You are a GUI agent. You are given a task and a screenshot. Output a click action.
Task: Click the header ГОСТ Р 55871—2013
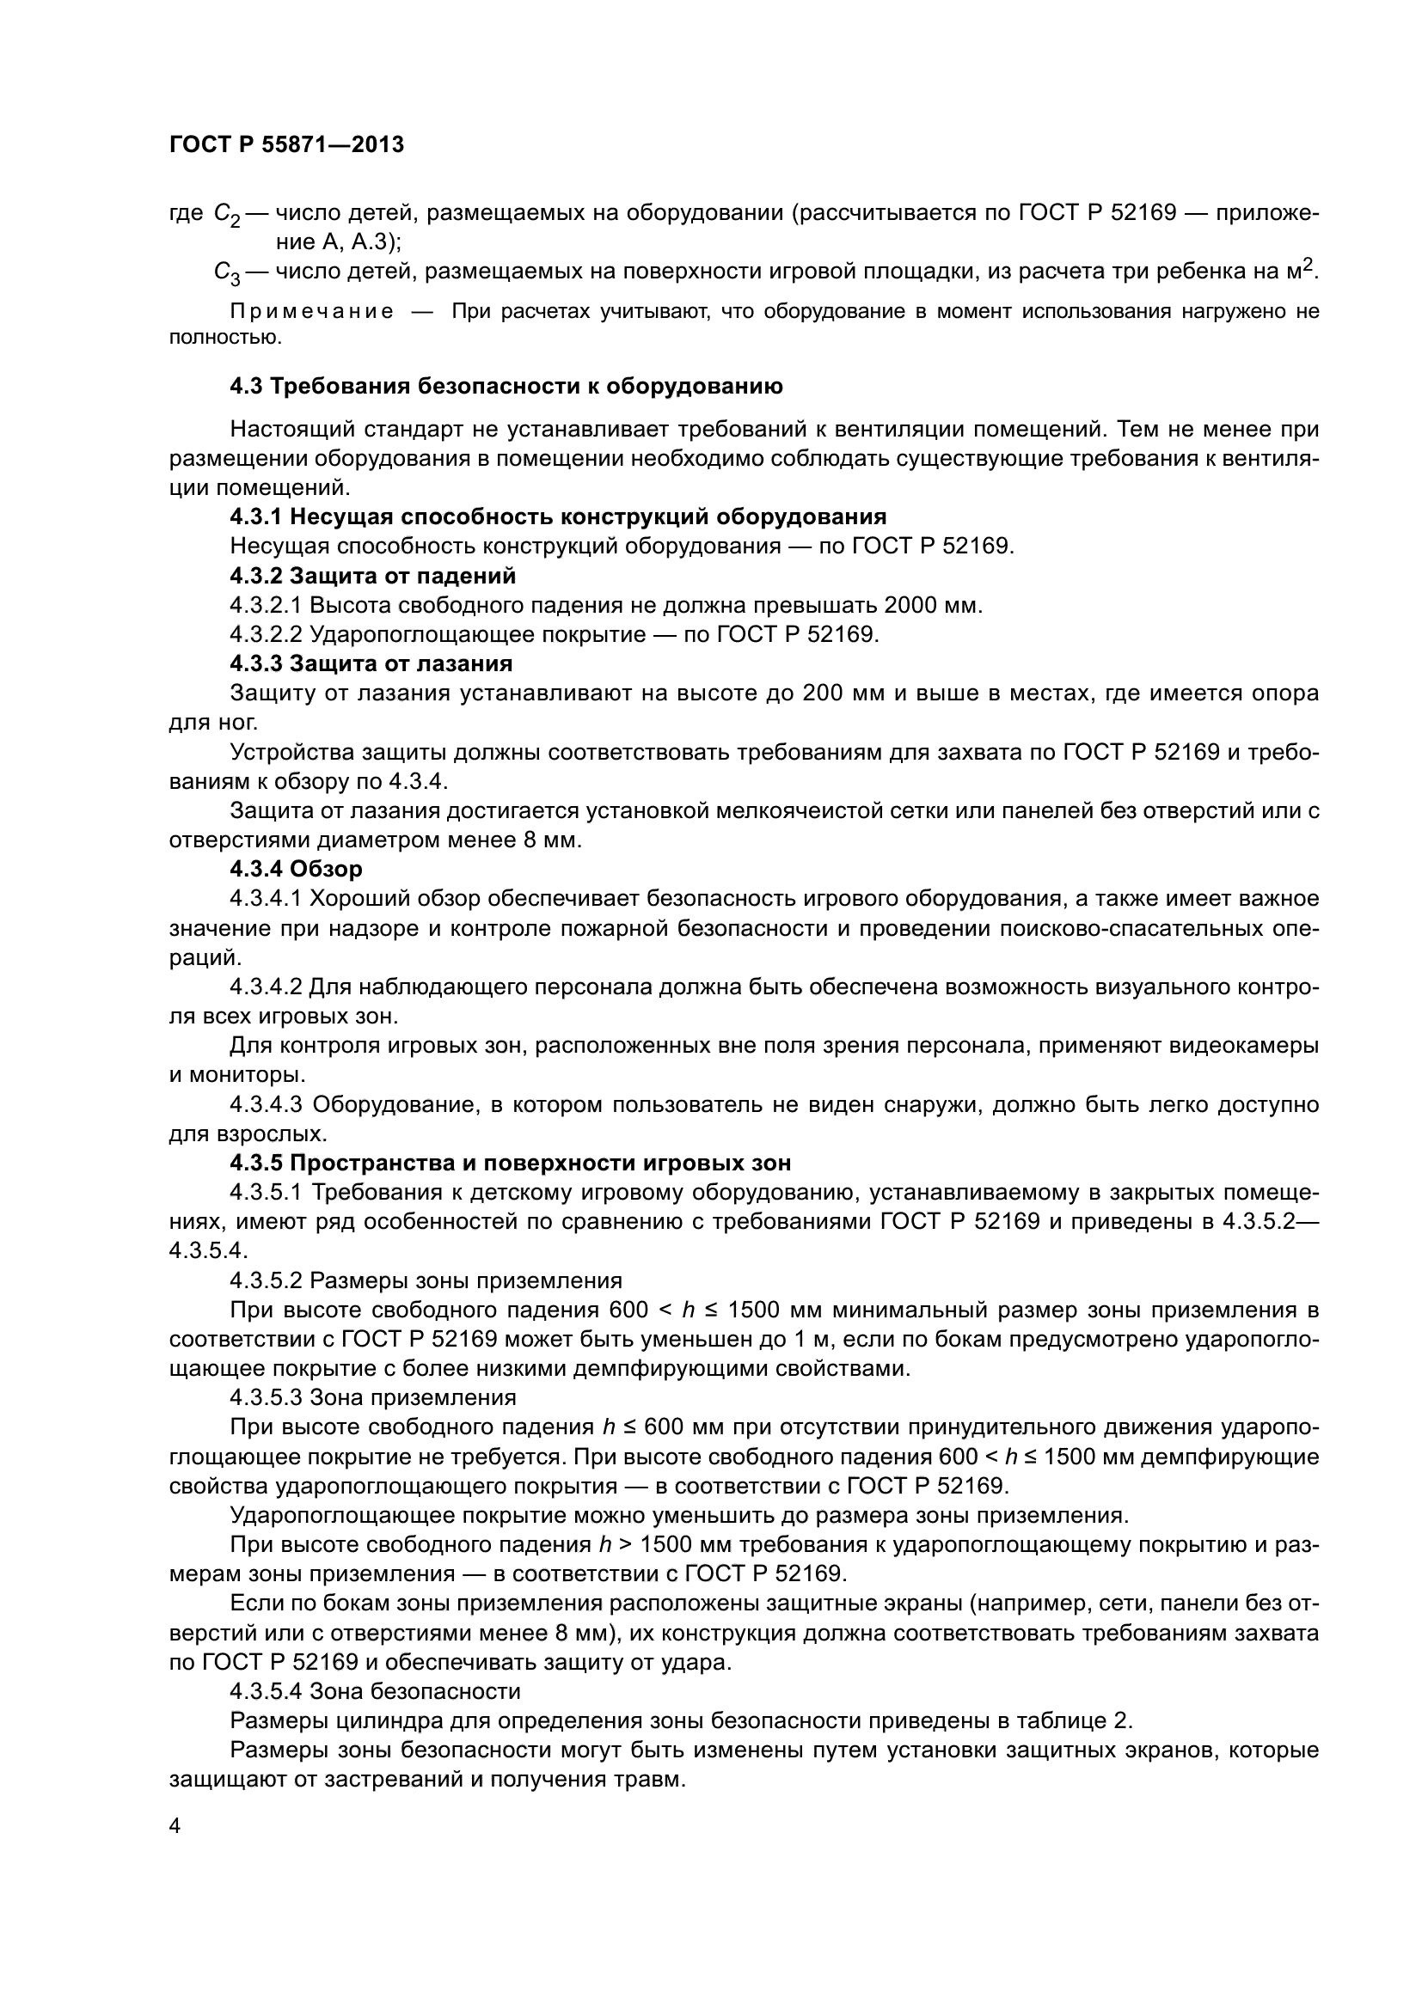pyautogui.click(x=286, y=144)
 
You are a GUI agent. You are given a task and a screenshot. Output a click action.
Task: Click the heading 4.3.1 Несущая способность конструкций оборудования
pyautogui.click(x=558, y=516)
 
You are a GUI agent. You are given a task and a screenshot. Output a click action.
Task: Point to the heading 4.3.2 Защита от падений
pyautogui.click(x=373, y=575)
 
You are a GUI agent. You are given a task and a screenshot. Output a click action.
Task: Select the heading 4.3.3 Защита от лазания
pyautogui.click(x=371, y=663)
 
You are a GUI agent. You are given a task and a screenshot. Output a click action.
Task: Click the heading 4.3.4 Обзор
pyautogui.click(x=296, y=870)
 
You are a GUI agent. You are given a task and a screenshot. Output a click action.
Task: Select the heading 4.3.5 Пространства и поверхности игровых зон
pyautogui.click(x=511, y=1163)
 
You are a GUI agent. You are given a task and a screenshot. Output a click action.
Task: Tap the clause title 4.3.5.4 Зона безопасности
pyautogui.click(x=375, y=1691)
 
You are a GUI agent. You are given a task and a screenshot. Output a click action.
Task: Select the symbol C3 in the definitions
pyautogui.click(x=226, y=273)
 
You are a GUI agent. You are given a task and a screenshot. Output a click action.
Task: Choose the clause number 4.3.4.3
pyautogui.click(x=267, y=1104)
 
